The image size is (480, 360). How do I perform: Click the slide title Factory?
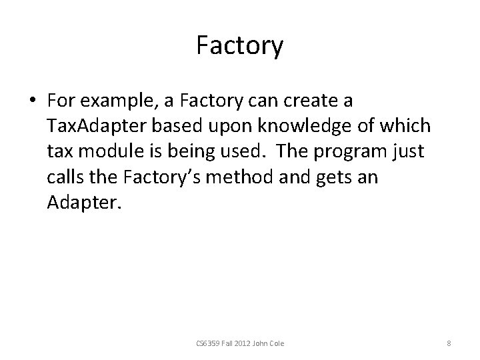(240, 46)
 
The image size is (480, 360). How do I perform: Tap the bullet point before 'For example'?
(32, 102)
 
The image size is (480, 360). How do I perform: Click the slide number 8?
(449, 343)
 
